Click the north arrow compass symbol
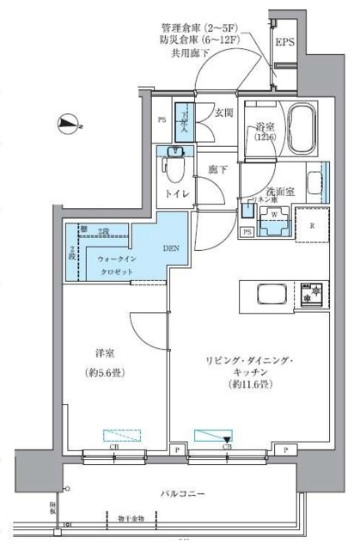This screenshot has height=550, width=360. [x=66, y=125]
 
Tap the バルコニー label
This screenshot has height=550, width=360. [x=181, y=493]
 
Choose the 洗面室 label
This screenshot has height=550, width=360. [x=280, y=192]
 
